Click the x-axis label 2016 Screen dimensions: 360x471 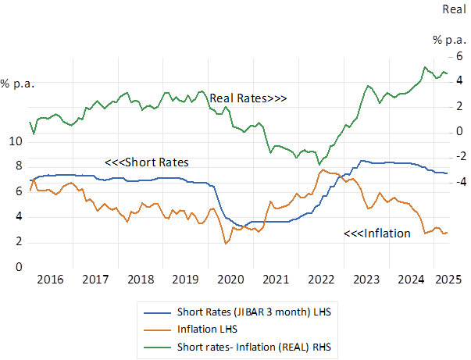[x=50, y=279]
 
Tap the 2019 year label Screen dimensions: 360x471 [x=186, y=279]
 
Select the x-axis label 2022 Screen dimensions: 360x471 [x=322, y=279]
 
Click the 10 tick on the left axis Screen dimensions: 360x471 [x=16, y=141]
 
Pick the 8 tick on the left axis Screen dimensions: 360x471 [x=19, y=166]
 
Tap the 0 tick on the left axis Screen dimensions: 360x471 [x=19, y=267]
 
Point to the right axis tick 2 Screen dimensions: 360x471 [x=440, y=106]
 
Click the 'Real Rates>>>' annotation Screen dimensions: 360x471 [x=248, y=99]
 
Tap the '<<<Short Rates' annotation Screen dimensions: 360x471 [x=147, y=162]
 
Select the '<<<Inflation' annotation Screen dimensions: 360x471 [x=377, y=233]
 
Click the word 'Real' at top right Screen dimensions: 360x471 [x=455, y=9]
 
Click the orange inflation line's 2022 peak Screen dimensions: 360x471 [x=322, y=169]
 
